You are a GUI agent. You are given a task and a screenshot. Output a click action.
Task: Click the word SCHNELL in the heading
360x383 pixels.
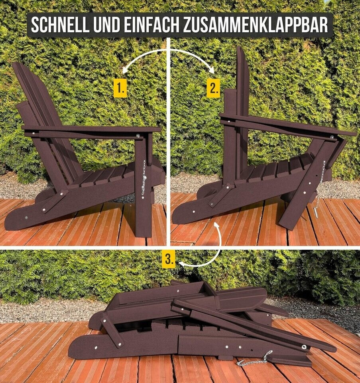click(x=60, y=25)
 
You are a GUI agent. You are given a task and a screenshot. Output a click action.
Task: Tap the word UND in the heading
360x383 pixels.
click(x=107, y=25)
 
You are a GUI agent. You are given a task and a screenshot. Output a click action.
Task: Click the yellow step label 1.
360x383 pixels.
click(x=120, y=88)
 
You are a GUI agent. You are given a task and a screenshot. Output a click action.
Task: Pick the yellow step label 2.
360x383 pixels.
click(x=213, y=88)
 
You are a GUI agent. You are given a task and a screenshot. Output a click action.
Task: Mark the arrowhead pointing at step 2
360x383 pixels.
click(x=211, y=71)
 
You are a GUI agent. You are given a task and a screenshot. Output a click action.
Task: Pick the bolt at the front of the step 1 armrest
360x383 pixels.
click(x=138, y=136)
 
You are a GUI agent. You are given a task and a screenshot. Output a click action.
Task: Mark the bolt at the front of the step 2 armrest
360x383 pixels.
click(x=331, y=138)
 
